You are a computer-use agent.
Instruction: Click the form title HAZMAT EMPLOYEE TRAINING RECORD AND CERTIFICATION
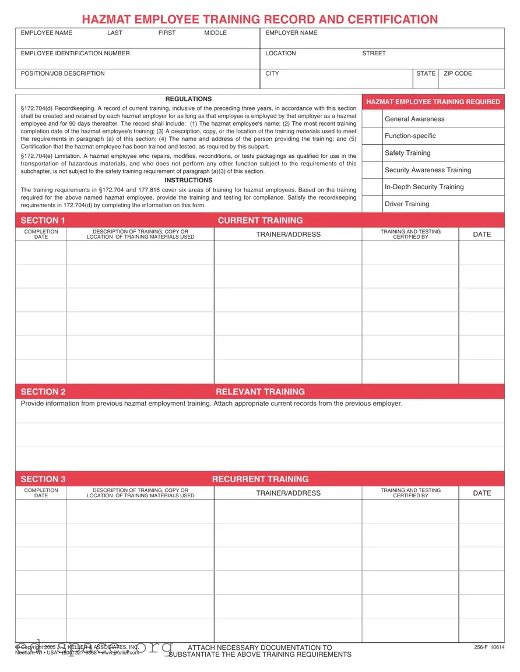(x=259, y=19)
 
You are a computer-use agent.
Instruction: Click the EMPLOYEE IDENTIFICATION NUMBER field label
(x=75, y=54)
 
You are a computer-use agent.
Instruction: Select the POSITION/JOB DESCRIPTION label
(x=63, y=74)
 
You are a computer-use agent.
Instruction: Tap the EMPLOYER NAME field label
(x=291, y=33)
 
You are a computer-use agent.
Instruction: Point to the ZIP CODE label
(x=458, y=74)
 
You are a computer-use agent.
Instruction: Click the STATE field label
(x=426, y=74)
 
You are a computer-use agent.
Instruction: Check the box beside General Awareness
(x=372, y=119)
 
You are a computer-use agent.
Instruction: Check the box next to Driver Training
(x=372, y=204)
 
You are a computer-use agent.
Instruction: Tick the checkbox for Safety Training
(x=372, y=153)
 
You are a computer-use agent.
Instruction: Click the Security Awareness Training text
(x=428, y=170)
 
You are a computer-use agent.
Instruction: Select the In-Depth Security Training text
(x=424, y=187)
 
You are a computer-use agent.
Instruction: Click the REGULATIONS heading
(x=188, y=99)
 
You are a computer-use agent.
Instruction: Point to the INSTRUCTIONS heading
(x=188, y=181)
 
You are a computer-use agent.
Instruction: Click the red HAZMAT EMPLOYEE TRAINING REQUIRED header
(x=433, y=102)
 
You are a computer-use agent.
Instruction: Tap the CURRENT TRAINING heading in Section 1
(x=260, y=220)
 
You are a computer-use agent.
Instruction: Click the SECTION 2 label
(x=43, y=392)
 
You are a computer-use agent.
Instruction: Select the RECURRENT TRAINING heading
(x=260, y=479)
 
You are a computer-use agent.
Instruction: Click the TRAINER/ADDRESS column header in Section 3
(x=288, y=493)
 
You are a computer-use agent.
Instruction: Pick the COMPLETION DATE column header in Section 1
(x=41, y=234)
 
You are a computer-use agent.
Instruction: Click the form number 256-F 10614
(x=489, y=648)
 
